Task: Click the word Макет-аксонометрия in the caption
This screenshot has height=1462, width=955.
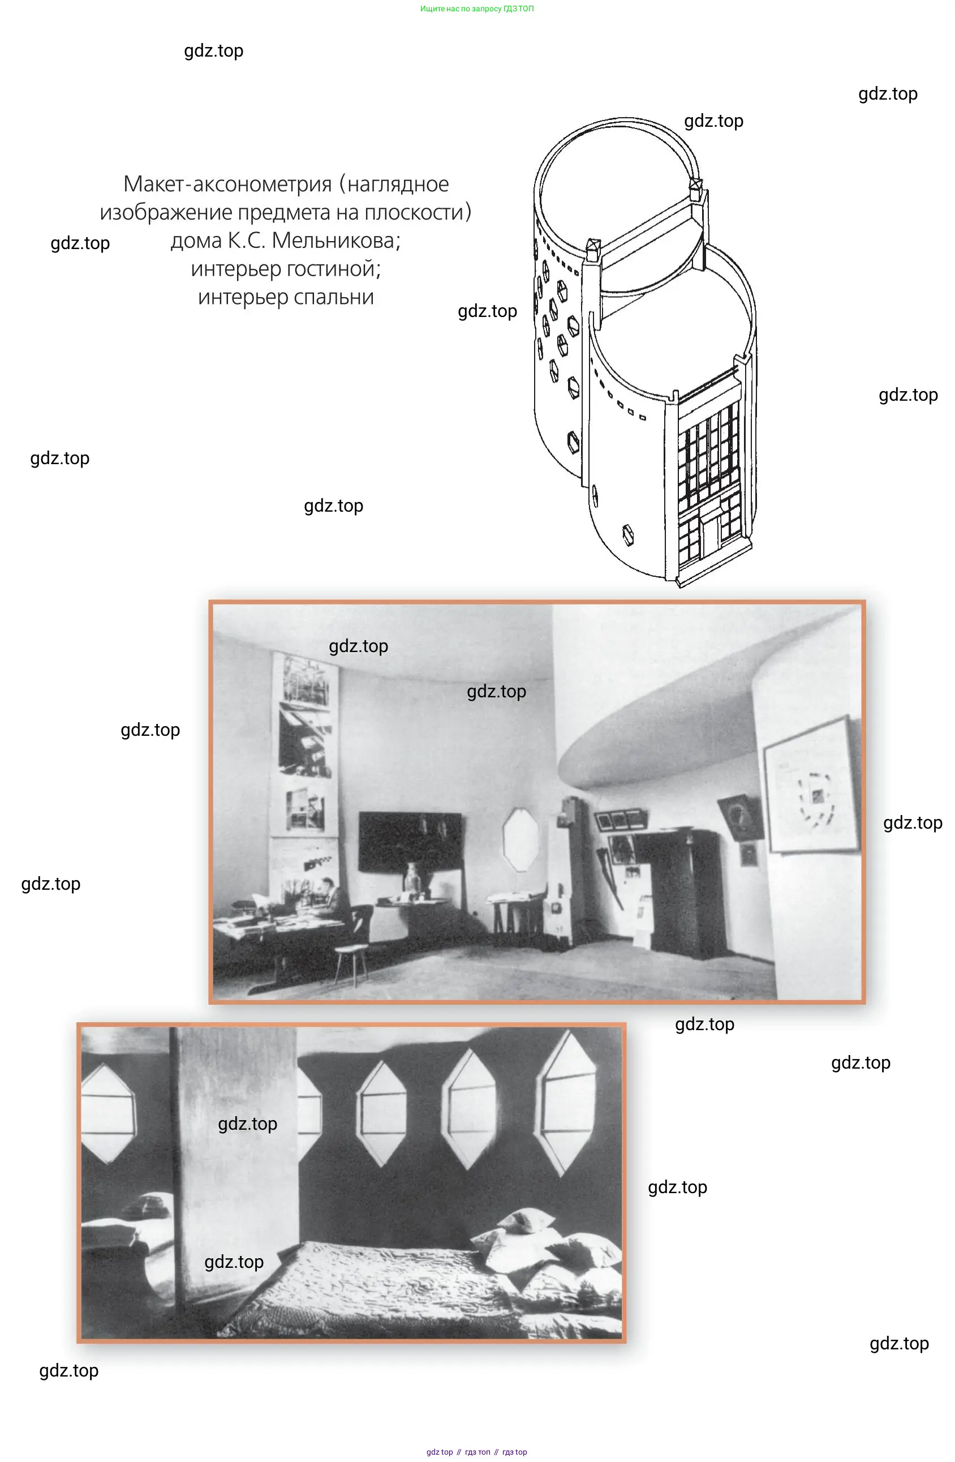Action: tap(227, 185)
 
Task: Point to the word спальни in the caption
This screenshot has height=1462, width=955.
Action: tap(333, 297)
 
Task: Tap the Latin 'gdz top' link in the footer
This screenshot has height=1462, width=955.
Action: tap(440, 1452)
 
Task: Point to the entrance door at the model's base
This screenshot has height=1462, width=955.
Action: tap(712, 534)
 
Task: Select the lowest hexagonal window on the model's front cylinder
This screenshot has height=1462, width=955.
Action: tap(628, 534)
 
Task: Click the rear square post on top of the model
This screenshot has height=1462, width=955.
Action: tap(696, 188)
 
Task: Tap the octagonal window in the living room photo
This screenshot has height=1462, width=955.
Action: tap(520, 838)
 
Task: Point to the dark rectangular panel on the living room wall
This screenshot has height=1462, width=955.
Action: tap(410, 842)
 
